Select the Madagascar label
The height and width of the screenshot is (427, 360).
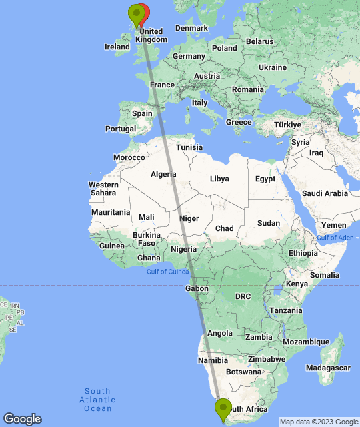(328, 368)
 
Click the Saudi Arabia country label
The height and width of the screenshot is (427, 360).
(325, 193)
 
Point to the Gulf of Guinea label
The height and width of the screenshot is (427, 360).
(167, 271)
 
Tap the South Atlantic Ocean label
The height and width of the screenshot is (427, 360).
(97, 400)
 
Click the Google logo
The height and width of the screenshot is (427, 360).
(21, 418)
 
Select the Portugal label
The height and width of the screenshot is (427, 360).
(121, 129)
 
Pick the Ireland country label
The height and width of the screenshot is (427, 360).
(117, 47)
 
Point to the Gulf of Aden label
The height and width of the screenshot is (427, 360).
(335, 238)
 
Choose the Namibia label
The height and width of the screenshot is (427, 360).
(213, 361)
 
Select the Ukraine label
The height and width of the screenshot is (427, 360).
(272, 67)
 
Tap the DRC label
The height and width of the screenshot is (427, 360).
(242, 296)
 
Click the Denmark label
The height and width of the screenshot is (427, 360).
(191, 28)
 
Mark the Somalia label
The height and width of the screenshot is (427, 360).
(325, 275)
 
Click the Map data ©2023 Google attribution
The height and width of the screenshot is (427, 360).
(319, 421)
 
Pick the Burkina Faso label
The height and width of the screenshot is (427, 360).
(146, 239)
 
